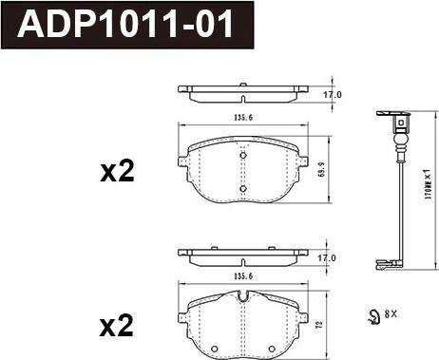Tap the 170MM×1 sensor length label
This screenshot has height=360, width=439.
point(429,187)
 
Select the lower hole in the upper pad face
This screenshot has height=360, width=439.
point(243,188)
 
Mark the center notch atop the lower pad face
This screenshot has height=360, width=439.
point(244,297)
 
